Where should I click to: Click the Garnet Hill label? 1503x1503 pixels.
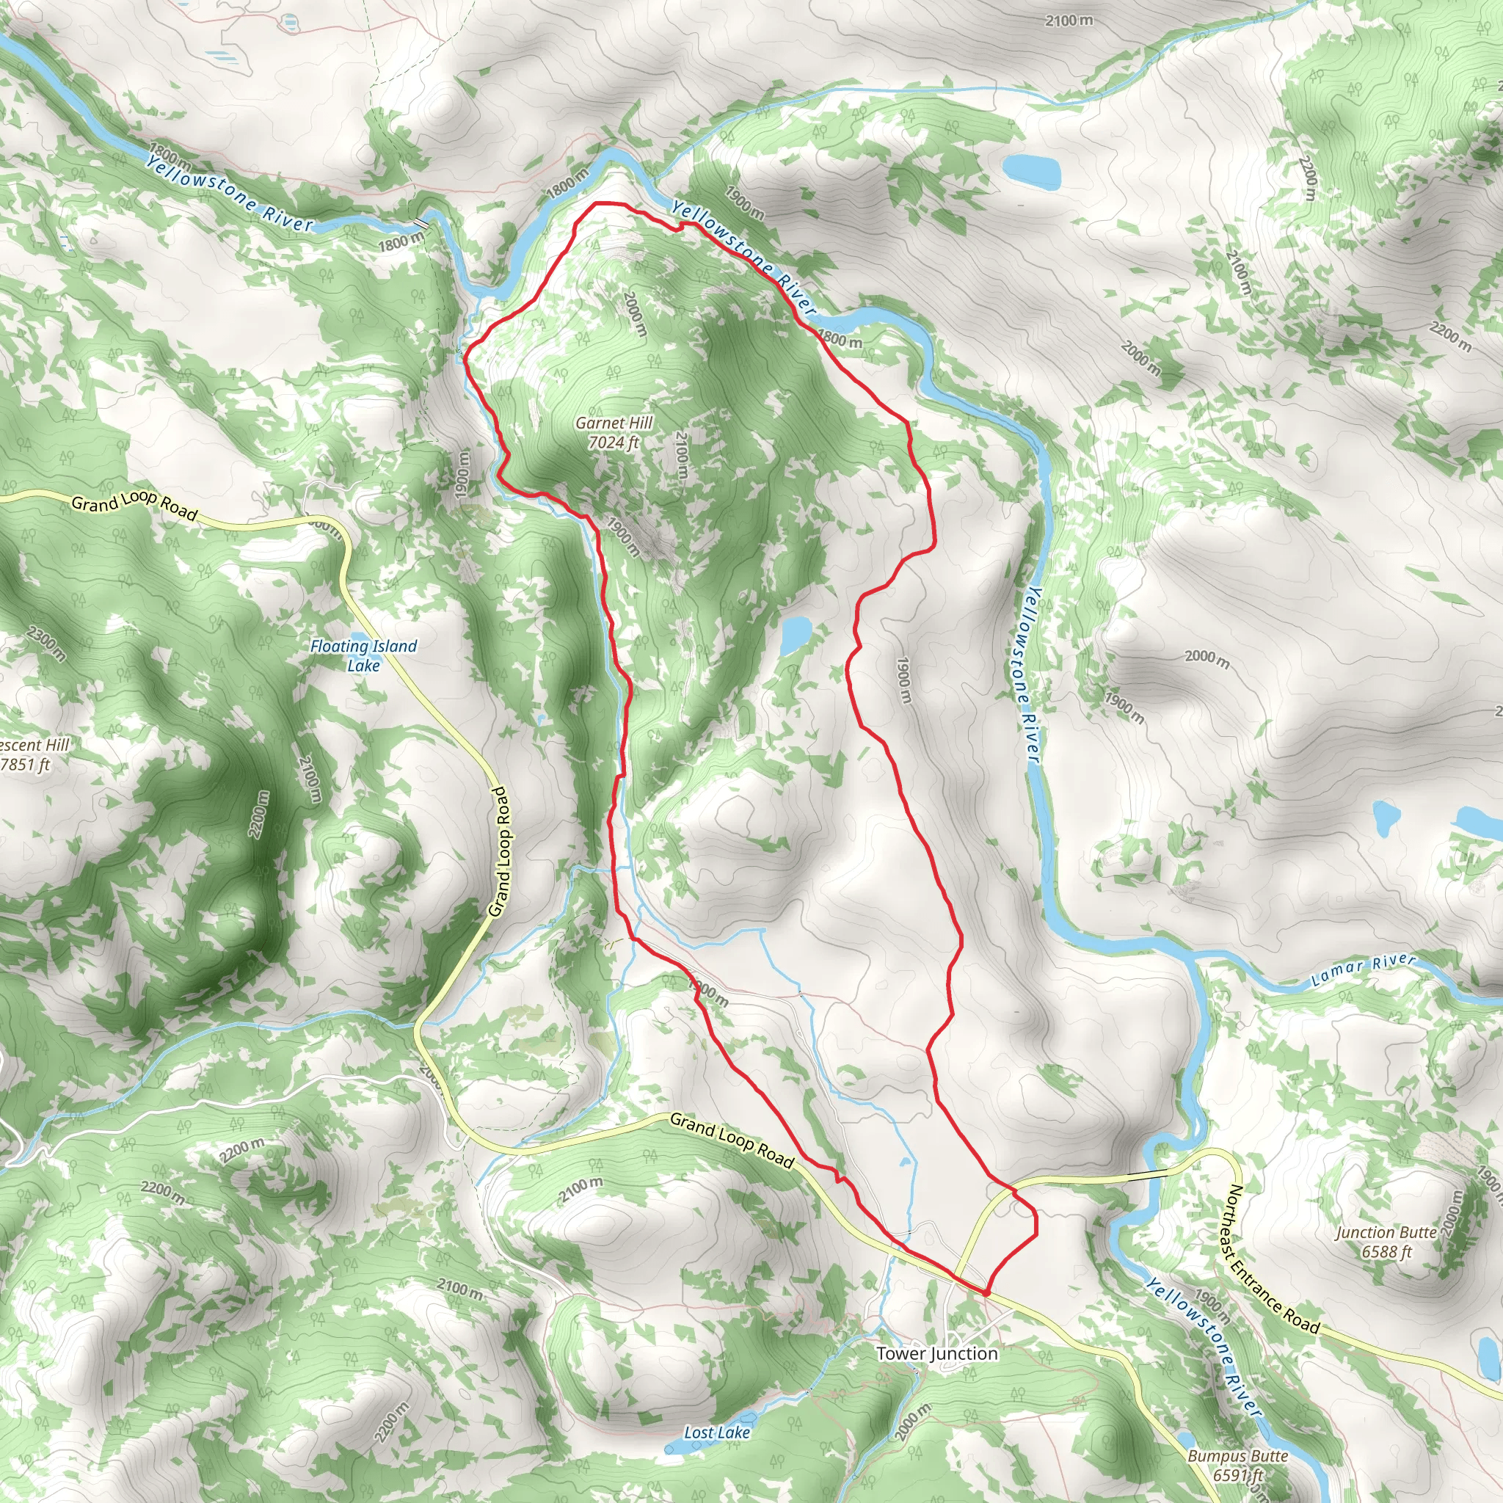614,423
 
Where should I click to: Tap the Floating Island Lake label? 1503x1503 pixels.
363,647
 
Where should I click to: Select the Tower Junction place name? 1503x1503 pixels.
936,1353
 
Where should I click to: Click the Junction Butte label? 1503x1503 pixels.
1386,1232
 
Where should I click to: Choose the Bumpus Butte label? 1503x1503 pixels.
1238,1455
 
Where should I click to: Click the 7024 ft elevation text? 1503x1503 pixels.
614,443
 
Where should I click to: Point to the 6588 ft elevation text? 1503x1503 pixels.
1386,1252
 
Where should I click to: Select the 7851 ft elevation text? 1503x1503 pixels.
25,765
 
